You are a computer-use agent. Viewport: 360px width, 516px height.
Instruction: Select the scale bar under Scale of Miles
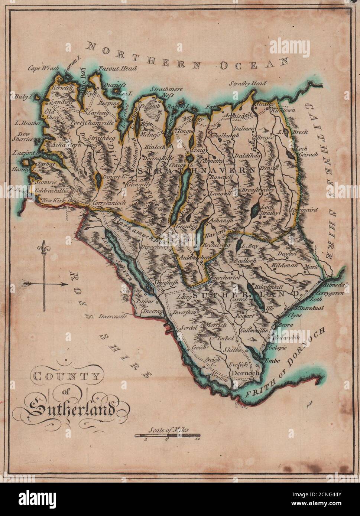[x=167, y=435]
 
